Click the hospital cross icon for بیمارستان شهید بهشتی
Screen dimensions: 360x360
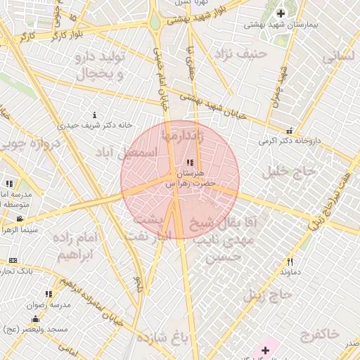click(281, 13)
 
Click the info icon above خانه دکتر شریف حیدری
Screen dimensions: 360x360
click(94, 115)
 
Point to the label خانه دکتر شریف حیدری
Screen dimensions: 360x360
click(97, 125)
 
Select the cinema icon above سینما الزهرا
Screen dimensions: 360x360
click(18, 219)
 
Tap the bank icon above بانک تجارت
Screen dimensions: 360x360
click(12, 260)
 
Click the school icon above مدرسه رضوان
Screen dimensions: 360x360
click(48, 294)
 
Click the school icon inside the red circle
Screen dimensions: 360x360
click(191, 163)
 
